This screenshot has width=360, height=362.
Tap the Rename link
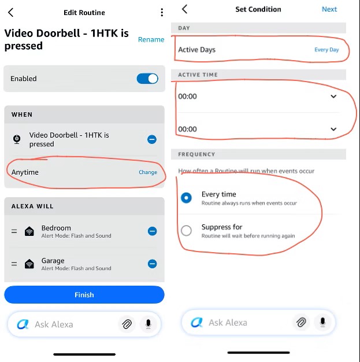[x=151, y=39]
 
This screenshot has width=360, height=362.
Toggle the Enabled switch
[x=147, y=79]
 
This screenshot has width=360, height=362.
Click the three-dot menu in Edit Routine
[x=162, y=12]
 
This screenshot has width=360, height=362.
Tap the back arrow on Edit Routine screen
[x=11, y=12]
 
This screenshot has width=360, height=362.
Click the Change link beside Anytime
[x=148, y=172]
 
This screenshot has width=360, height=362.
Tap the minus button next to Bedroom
[x=153, y=231]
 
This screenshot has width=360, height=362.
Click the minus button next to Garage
[x=153, y=264]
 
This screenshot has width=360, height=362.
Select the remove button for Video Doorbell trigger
[x=152, y=139]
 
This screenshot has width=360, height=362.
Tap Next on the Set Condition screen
[x=329, y=9]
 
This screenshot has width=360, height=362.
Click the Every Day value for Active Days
[x=326, y=50]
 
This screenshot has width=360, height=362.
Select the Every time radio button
[x=186, y=198]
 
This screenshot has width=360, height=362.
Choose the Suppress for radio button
[x=186, y=230]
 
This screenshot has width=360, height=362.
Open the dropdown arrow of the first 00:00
[x=333, y=96]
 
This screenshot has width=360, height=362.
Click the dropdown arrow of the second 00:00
[x=333, y=129]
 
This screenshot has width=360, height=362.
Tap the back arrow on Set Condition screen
[x=184, y=9]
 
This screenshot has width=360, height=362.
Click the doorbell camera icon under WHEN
[x=17, y=139]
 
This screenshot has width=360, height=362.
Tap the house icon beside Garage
[x=29, y=264]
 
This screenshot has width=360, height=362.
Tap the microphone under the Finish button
[x=148, y=324]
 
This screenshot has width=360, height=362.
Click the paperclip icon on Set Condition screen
[x=301, y=322]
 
